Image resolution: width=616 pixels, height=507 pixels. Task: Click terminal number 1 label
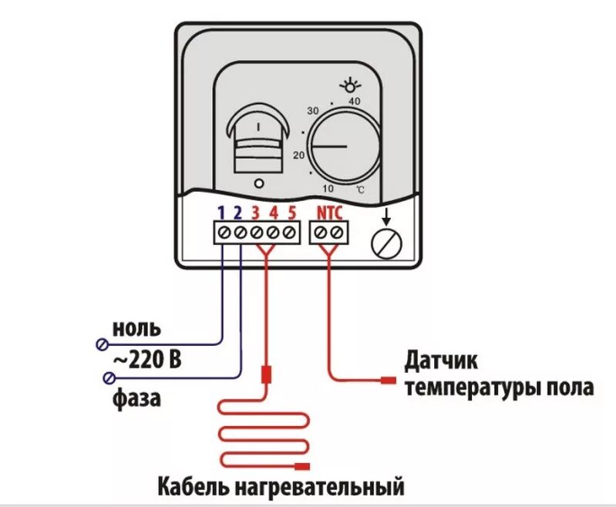220,213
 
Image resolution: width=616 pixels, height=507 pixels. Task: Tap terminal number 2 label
238,213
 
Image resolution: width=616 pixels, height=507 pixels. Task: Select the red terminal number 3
256,213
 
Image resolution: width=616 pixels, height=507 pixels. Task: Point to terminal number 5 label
291,213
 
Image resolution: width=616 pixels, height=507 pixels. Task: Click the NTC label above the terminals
329,213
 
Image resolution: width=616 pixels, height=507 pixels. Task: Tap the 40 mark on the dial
355,101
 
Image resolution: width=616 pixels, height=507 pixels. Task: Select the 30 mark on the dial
312,111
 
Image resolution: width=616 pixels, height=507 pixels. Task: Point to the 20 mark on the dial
299,155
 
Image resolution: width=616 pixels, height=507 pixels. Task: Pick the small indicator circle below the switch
258,183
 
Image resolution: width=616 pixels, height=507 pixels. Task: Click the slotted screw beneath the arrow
385,243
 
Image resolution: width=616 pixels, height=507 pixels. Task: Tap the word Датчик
442,360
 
